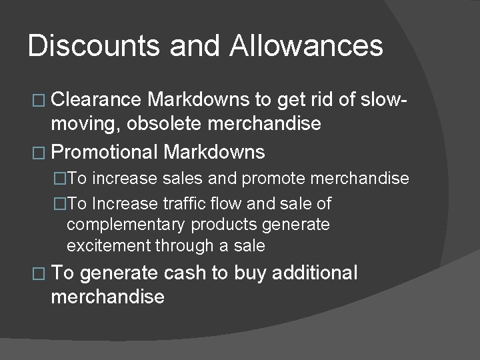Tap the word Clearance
pyautogui.click(x=96, y=100)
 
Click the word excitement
pyautogui.click(x=109, y=246)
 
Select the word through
pyautogui.click(x=186, y=246)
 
